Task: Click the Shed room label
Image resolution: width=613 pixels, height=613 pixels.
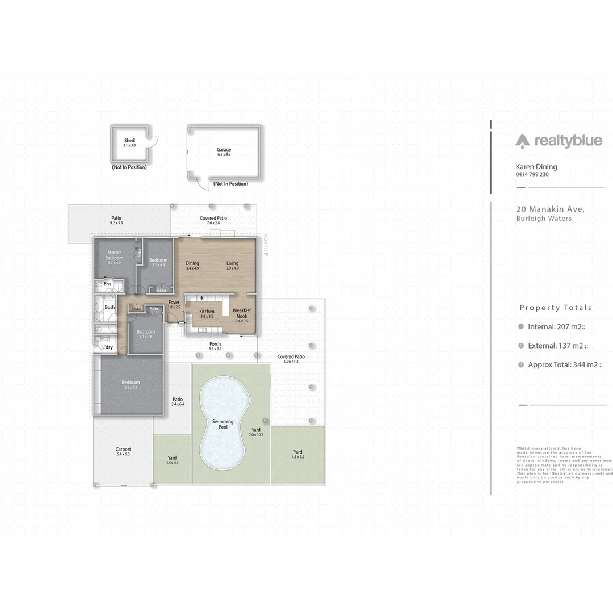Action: click(x=129, y=140)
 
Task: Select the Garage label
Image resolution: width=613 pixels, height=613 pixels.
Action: click(x=224, y=150)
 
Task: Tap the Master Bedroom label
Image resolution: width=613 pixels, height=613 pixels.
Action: click(x=115, y=255)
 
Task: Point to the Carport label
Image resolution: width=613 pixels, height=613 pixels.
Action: click(x=123, y=449)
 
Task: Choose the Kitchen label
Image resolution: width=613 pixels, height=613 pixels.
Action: click(x=207, y=312)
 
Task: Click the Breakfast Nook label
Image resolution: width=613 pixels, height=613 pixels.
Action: click(x=242, y=314)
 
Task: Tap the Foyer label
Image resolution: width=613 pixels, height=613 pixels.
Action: click(x=174, y=303)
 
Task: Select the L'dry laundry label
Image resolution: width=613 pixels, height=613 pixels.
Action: click(x=107, y=347)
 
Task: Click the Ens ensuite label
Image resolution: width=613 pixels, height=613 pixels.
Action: click(x=107, y=283)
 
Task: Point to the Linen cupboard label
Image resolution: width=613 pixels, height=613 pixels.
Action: click(x=136, y=309)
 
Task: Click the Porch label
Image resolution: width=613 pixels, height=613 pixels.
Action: click(x=215, y=344)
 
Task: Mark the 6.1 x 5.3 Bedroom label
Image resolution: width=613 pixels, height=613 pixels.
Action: click(x=130, y=383)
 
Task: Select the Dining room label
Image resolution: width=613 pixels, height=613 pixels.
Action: click(x=192, y=263)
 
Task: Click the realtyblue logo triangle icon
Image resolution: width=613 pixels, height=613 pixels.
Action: click(x=522, y=140)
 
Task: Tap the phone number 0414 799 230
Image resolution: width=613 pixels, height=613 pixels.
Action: click(x=532, y=175)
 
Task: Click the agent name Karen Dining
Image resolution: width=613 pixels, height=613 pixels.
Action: click(x=536, y=167)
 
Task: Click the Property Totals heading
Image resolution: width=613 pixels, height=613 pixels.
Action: click(x=555, y=308)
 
